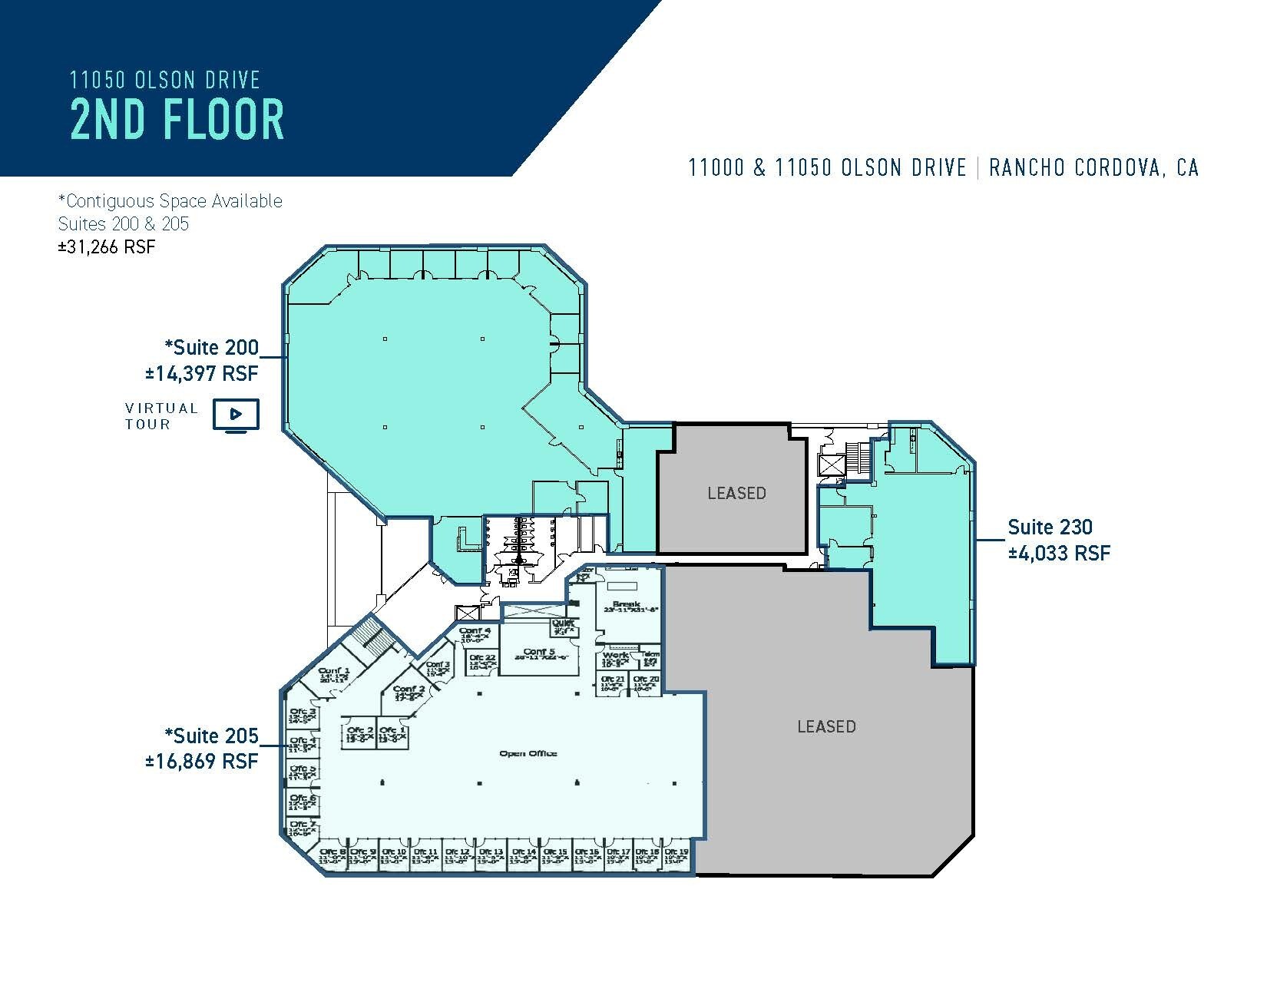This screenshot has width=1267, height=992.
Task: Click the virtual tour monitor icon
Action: click(237, 415)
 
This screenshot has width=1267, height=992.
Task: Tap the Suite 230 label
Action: click(1050, 527)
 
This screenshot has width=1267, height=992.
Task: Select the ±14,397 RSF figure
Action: click(202, 374)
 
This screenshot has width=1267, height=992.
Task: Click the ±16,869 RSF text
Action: click(202, 761)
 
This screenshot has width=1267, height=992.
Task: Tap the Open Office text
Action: click(528, 753)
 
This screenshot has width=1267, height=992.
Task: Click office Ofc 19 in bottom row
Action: click(677, 856)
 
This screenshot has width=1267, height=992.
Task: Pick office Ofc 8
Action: click(332, 856)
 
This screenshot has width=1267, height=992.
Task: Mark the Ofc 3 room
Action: click(301, 716)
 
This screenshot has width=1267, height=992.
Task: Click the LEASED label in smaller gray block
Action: click(736, 493)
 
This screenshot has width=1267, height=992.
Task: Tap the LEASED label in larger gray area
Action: click(826, 726)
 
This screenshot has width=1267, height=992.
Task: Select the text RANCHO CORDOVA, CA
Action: click(1093, 167)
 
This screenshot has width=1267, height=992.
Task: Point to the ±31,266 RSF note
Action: click(107, 246)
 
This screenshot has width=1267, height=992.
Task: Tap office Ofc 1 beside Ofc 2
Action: click(392, 735)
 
